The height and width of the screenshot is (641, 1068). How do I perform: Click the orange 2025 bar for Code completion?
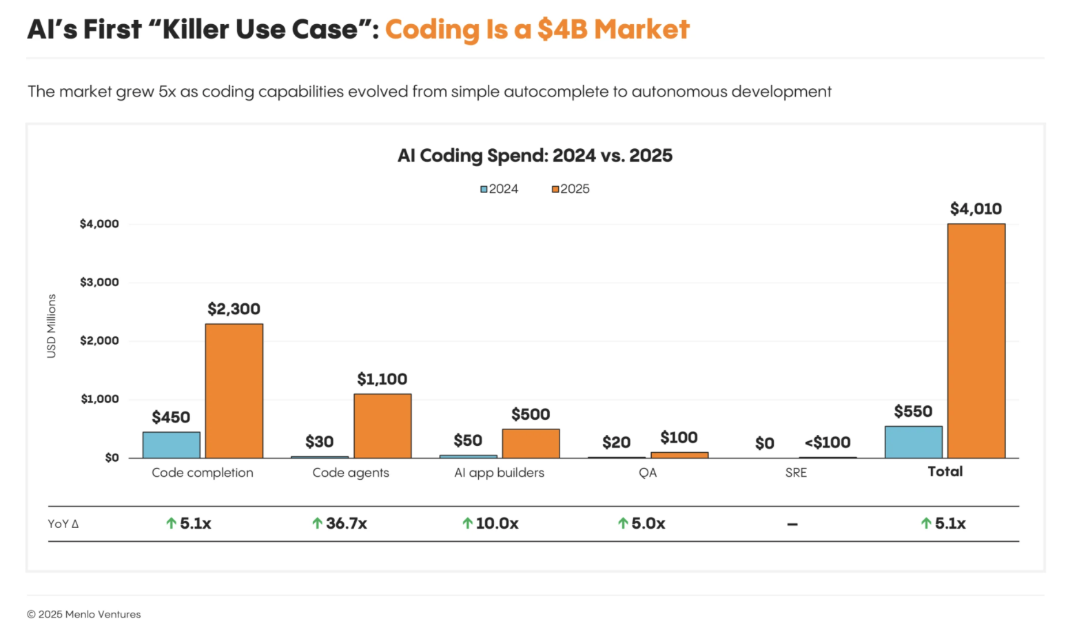pos(234,391)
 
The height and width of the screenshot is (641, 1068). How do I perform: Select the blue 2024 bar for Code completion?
pos(172,445)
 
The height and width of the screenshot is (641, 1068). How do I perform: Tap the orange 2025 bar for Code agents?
pos(382,426)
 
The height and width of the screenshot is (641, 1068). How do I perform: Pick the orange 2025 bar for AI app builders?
pos(531,443)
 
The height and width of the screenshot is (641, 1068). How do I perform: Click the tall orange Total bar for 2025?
pos(976,340)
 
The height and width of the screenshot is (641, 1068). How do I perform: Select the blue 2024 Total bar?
pos(913,442)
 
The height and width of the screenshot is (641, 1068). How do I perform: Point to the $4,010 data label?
pos(976,209)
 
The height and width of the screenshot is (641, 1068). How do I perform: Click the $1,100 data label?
pos(382,379)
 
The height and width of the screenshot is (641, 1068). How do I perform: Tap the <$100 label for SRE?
pos(828,442)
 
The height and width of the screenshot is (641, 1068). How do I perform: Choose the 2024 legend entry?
pos(500,189)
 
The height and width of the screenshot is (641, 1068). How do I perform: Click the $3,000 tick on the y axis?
pos(99,282)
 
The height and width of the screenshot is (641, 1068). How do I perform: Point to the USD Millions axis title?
pos(52,326)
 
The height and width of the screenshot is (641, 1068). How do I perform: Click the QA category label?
pos(648,473)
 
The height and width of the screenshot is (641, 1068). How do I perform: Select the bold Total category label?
pos(945,471)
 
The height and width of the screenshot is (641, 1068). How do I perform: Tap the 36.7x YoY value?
pos(346,524)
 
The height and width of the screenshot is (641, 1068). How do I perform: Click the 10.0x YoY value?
pos(497,524)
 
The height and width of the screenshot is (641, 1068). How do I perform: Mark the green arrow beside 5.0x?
pos(623,524)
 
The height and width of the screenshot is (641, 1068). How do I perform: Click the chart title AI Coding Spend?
pos(535,156)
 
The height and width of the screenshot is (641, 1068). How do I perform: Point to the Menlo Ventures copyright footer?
pos(84,614)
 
